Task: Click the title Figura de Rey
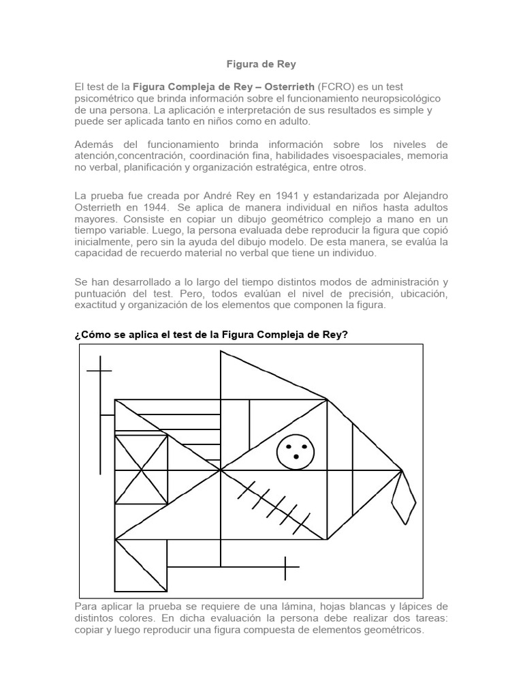click(261, 64)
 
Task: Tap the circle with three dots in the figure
click(296, 451)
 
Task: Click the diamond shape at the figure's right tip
click(405, 497)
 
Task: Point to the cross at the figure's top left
click(99, 371)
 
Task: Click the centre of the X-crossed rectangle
click(142, 470)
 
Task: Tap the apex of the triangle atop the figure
click(221, 352)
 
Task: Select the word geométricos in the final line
click(390, 630)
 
